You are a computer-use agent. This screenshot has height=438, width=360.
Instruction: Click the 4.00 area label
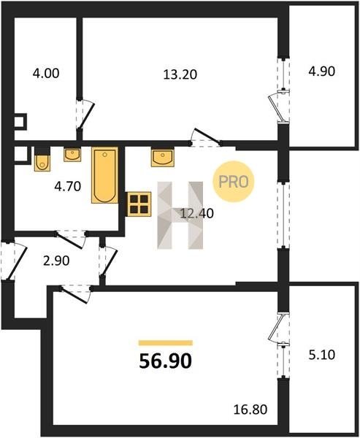point(46,74)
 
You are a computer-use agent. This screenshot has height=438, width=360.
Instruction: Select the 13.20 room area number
point(180,74)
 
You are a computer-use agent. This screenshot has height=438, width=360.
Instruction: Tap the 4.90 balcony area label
point(321,72)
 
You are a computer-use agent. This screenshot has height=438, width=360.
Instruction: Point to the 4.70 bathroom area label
point(68,186)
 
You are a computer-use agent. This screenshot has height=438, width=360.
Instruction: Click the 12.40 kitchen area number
point(197,213)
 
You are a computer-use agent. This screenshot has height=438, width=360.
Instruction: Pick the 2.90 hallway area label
point(56,261)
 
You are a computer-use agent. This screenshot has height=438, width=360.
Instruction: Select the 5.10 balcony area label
point(322,355)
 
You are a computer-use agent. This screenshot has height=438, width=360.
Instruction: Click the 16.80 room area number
point(250,410)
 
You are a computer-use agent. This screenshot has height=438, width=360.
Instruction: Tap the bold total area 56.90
point(166,361)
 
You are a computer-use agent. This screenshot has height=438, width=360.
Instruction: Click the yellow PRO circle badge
point(234,182)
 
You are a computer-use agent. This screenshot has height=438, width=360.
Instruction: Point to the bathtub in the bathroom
point(105,175)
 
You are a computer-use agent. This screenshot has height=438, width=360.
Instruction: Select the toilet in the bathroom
point(42,159)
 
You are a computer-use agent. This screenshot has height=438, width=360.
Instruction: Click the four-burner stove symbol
point(139,204)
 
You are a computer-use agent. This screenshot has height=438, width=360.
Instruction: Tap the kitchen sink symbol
point(162,158)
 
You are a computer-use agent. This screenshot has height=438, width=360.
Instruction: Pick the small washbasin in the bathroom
point(72,155)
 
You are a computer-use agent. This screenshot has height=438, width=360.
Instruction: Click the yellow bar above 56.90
point(166,343)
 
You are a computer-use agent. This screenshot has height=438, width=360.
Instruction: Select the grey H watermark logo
point(180,215)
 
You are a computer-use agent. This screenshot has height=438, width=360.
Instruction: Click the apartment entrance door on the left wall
point(13,261)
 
